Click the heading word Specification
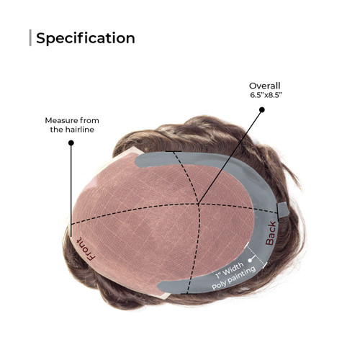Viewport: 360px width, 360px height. tap(86, 38)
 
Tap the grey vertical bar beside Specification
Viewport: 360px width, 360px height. tap(30, 37)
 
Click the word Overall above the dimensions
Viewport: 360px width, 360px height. tap(264, 86)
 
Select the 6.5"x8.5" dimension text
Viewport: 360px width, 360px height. tap(266, 95)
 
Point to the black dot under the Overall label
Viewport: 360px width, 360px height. tap(262, 109)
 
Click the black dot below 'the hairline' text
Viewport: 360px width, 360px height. tap(71, 143)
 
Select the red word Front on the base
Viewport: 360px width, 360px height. tap(86, 249)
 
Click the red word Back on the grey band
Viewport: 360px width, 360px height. tap(271, 233)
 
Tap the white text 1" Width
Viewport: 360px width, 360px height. tap(230, 271)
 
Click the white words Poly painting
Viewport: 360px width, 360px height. tap(233, 279)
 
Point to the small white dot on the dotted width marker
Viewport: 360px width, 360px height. tap(251, 260)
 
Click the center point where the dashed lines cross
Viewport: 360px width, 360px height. tap(199, 204)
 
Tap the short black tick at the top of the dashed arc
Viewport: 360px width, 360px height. tap(174, 151)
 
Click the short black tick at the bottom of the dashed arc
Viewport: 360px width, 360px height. tap(189, 293)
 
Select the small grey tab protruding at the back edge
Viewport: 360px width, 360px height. tap(283, 209)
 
